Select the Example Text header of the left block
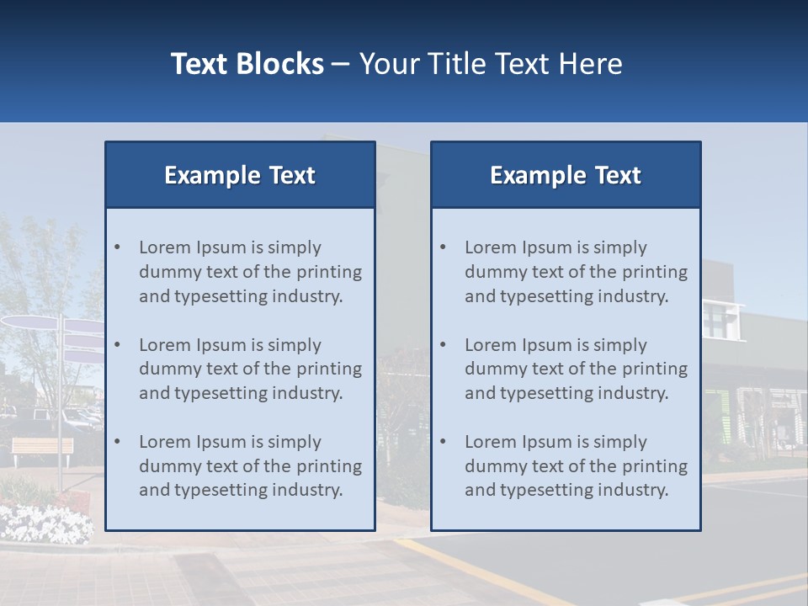[x=240, y=175]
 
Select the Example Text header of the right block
[x=566, y=175]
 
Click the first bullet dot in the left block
[x=117, y=247]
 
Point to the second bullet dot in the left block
[x=117, y=345]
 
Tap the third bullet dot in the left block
[x=117, y=442]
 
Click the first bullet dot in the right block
[x=443, y=247]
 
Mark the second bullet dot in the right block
[x=443, y=345]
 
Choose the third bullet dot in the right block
[x=443, y=442]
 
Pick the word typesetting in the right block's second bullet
[x=549, y=393]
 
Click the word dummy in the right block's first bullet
[x=492, y=272]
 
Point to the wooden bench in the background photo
[x=42, y=447]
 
